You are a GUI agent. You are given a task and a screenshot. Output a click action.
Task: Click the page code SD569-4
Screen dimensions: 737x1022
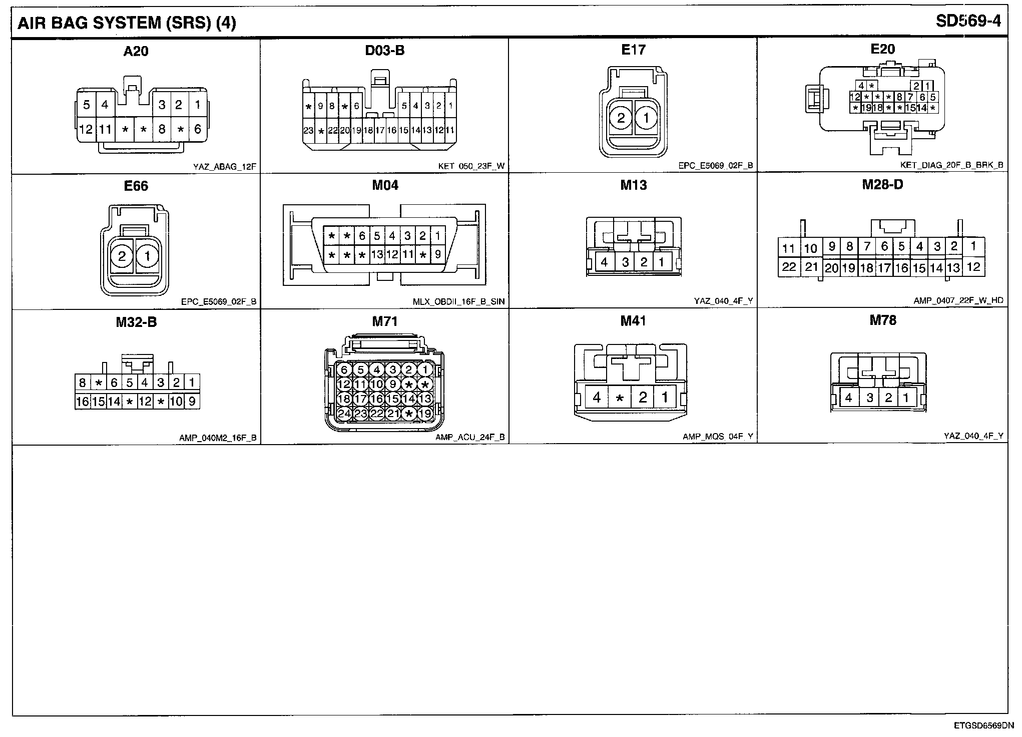pos(968,22)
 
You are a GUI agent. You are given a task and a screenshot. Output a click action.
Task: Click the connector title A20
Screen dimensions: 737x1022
pos(136,51)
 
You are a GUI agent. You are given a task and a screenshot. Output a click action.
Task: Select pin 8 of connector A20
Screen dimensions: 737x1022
pos(162,129)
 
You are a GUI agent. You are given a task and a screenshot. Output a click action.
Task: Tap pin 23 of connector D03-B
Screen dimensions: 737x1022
pos(308,131)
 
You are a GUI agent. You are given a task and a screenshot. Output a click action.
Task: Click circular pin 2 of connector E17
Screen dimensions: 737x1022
pos(621,118)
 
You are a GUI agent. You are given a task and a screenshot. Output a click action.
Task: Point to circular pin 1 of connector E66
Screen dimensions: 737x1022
pos(148,256)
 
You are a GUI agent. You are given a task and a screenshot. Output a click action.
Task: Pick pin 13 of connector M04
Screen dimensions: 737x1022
pos(377,254)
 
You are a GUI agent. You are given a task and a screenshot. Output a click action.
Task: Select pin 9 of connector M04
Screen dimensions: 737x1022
pos(438,254)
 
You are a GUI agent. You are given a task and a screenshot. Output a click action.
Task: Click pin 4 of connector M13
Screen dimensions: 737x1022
pos(605,262)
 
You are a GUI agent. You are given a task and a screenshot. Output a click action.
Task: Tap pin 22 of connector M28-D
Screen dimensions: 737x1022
pos(789,267)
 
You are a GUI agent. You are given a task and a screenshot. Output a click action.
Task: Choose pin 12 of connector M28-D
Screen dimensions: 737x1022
pos(973,267)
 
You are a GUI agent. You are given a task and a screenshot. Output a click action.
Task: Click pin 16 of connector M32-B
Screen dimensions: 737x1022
pos(83,402)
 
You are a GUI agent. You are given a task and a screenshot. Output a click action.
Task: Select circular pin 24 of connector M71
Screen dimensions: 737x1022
pos(344,414)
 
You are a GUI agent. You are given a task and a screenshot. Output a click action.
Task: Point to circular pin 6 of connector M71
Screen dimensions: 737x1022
pos(344,370)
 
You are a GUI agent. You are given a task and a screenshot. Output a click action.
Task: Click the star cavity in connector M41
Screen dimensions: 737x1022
pos(620,398)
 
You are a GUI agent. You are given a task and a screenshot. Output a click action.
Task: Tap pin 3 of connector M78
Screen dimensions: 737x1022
pos(870,398)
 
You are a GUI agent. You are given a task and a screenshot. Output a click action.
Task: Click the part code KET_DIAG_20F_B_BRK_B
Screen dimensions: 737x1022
pos(951,165)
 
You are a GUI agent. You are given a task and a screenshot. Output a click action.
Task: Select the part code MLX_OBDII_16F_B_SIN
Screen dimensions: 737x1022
pos(459,301)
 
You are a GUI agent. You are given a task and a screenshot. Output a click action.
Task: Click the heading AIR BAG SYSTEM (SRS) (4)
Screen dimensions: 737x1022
pos(127,23)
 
